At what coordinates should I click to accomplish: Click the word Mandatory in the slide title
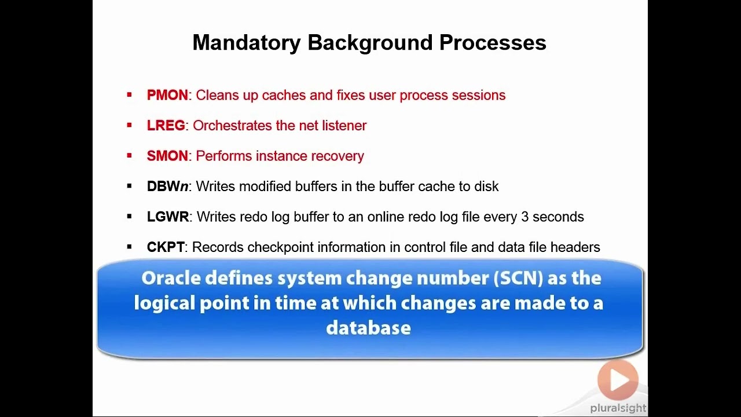[247, 43]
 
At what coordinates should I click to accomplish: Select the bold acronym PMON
[167, 96]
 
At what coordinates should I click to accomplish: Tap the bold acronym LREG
[166, 126]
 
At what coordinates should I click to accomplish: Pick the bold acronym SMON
[167, 156]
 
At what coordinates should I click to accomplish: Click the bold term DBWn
[167, 186]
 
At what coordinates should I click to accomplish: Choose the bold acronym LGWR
[168, 217]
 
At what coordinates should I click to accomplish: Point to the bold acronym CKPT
[166, 247]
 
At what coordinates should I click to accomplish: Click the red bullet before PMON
[129, 95]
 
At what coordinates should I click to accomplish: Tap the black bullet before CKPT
[129, 247]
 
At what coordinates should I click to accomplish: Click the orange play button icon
[618, 380]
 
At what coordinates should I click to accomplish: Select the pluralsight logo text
[618, 408]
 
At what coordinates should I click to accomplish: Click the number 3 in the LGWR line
[524, 217]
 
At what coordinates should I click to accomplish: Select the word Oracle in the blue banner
[170, 279]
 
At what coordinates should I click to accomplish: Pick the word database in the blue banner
[368, 328]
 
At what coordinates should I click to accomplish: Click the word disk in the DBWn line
[485, 186]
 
